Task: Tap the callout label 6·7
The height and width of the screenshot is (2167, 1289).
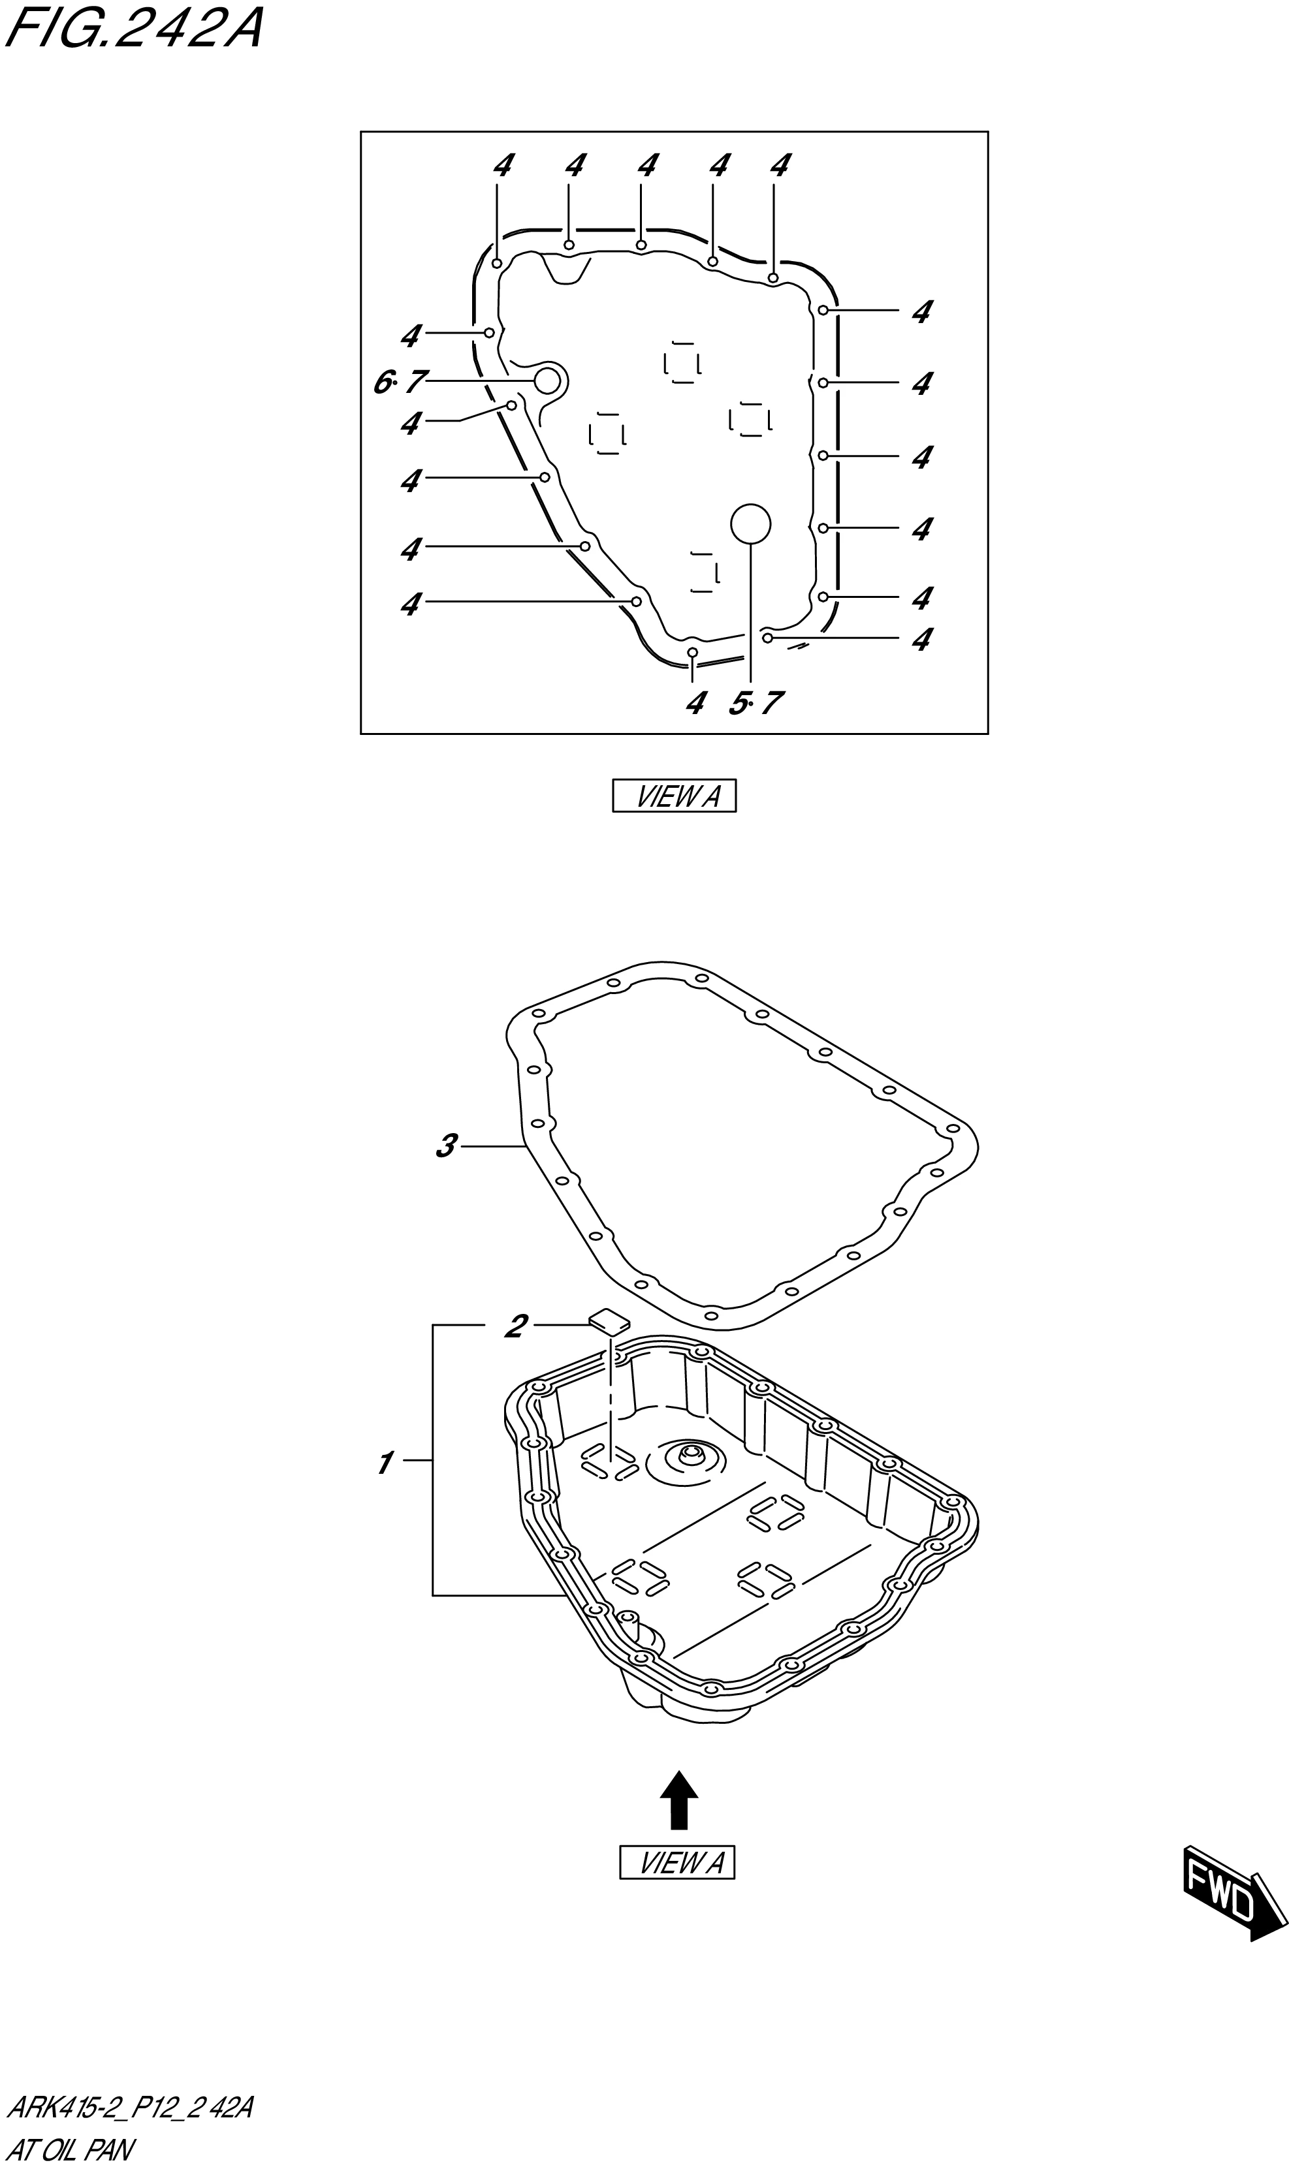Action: [x=400, y=381]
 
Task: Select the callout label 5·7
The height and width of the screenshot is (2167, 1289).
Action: [x=755, y=702]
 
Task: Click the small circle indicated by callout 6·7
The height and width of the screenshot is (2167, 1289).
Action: [x=547, y=381]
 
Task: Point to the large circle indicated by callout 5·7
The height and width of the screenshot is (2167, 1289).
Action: [x=750, y=523]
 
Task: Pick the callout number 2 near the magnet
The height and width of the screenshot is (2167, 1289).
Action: [x=515, y=1326]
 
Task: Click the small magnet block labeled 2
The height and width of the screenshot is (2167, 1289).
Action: [x=609, y=1321]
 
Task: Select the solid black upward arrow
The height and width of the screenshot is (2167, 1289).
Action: [x=679, y=1799]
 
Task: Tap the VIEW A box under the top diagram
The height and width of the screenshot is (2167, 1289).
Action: [x=674, y=795]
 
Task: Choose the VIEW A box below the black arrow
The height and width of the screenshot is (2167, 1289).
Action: [x=676, y=1863]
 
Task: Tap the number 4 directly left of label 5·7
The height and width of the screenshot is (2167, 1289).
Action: [x=695, y=702]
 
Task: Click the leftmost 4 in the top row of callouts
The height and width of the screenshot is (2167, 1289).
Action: [x=503, y=165]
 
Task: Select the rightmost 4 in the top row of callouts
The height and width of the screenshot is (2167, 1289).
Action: [x=780, y=165]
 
